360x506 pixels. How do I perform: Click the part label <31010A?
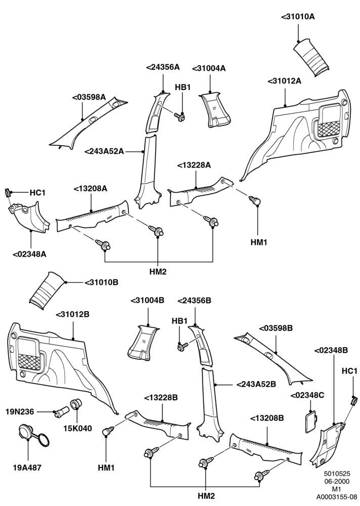(297, 17)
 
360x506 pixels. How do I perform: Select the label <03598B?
(276, 328)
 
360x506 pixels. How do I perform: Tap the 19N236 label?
(20, 412)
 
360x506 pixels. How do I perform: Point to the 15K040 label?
(77, 428)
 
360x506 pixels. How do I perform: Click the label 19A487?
(27, 467)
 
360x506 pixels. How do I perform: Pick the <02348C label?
(307, 395)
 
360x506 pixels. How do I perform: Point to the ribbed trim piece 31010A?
(311, 58)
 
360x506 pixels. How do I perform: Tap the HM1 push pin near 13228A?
(255, 200)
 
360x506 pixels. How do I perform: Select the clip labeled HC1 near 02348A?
(7, 193)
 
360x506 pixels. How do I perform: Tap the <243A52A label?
(105, 151)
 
